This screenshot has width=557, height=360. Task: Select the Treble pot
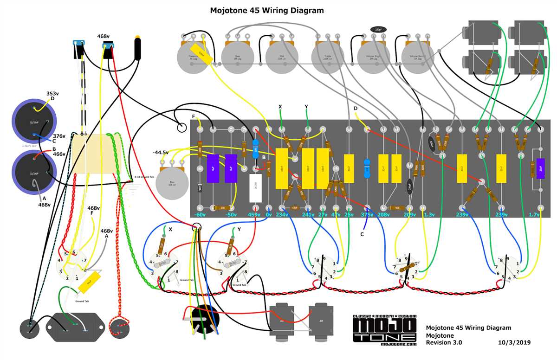(x=327, y=58)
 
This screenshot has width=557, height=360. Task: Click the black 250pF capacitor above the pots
(x=378, y=30)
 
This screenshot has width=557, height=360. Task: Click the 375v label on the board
(x=367, y=215)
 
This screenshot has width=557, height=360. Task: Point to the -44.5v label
(x=161, y=152)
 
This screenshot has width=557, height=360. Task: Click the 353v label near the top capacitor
(x=53, y=93)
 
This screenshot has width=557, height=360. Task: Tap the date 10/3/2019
(x=514, y=342)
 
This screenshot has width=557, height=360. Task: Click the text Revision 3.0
(x=444, y=342)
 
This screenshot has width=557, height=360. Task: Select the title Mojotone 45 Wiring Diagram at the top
(x=267, y=10)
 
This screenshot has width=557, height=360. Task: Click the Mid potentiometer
(x=282, y=58)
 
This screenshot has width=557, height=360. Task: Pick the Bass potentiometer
(x=237, y=58)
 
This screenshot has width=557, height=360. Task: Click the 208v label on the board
(x=384, y=215)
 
